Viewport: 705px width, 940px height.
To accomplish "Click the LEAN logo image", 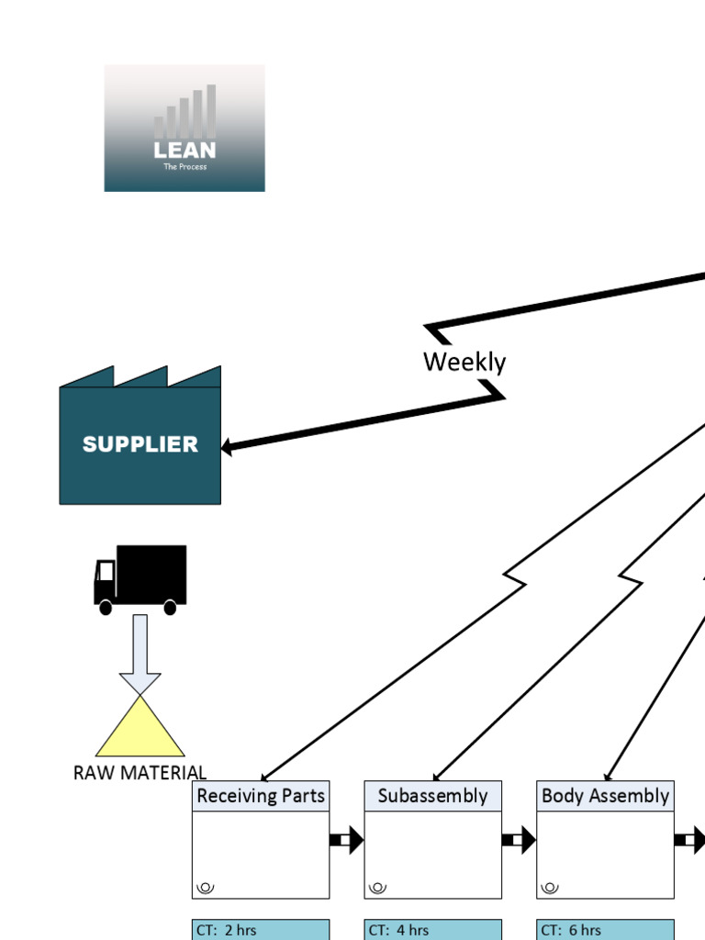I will (185, 128).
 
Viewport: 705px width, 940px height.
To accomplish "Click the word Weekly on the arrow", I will (464, 362).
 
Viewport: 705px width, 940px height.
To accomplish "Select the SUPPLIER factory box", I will (140, 444).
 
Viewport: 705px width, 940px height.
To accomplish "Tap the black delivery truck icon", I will (140, 577).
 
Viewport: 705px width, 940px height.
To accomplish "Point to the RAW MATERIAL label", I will (140, 773).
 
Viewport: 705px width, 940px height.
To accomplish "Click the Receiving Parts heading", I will (261, 796).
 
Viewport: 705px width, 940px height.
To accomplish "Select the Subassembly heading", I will (432, 796).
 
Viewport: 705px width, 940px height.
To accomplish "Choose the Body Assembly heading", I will (605, 796).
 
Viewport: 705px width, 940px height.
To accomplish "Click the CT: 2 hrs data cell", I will (261, 930).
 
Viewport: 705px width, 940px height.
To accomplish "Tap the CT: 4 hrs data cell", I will (432, 930).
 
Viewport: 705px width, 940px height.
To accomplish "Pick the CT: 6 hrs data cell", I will (605, 930).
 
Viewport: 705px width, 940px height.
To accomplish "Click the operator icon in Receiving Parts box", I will (206, 887).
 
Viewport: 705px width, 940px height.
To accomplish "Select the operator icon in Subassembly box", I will (377, 887).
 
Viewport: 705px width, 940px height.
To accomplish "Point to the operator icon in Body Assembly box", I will (550, 887).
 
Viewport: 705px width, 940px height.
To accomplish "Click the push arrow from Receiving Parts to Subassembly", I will (346, 839).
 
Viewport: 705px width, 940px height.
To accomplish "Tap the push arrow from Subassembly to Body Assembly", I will (519, 839).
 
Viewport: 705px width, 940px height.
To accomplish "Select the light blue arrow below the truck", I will (140, 652).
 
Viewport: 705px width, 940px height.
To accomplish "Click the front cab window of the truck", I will (106, 572).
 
